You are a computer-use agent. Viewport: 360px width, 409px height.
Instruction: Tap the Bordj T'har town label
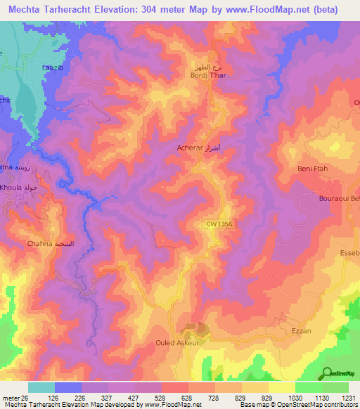(205, 76)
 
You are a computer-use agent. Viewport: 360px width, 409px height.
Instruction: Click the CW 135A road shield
(219, 223)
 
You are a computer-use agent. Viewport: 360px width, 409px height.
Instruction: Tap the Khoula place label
(20, 189)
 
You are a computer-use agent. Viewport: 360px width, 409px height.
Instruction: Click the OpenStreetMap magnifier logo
(328, 373)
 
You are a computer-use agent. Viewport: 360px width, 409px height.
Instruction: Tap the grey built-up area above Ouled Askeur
(195, 327)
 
